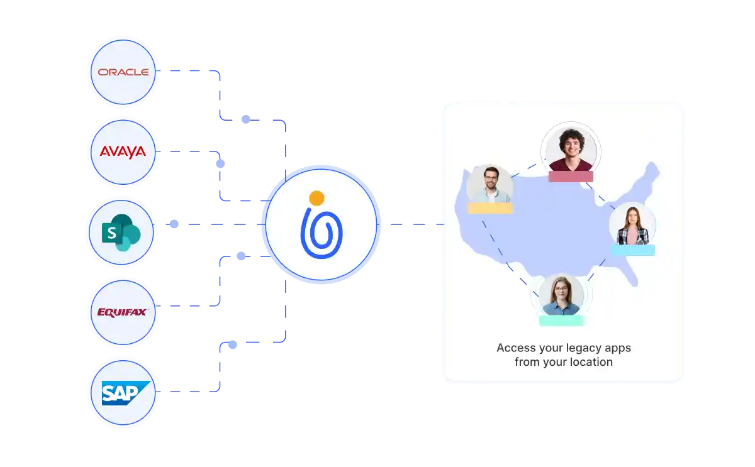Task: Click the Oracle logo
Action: pos(123,72)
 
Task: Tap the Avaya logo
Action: pos(123,151)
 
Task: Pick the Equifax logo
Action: pos(122,312)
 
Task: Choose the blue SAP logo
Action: pos(126,393)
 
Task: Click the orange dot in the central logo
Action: pos(317,199)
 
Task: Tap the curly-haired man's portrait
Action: pos(571,150)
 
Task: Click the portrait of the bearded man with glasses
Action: pos(489,185)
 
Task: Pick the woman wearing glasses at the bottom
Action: pos(561,295)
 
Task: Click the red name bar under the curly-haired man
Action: pos(571,177)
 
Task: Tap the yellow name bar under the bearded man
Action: pos(490,208)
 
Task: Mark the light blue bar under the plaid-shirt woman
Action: pos(632,250)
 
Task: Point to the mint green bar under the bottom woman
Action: pos(561,321)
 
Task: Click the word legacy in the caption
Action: pos(573,348)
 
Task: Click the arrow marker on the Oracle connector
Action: pos(247,118)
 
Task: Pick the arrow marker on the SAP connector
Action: pos(232,344)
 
